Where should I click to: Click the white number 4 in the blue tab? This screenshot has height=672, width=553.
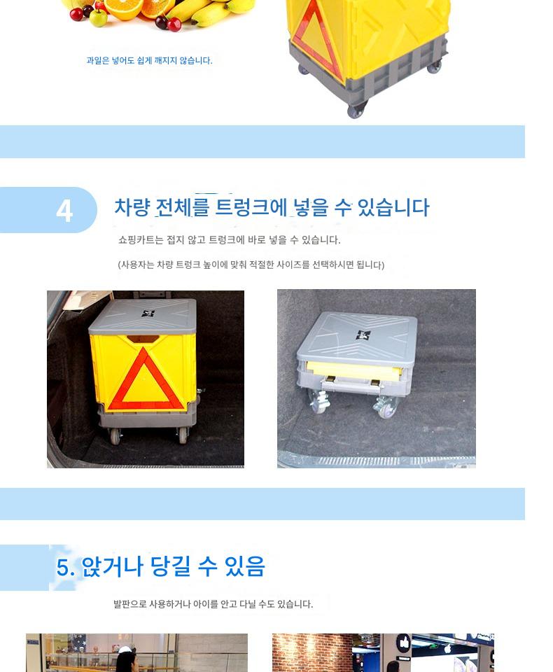click(64, 211)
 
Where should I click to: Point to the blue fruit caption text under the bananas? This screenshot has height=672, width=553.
click(149, 60)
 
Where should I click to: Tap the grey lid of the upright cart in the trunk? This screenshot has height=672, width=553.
click(143, 316)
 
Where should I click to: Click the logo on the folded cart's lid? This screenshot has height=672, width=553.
click(363, 335)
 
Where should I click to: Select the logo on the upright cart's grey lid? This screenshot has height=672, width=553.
click(148, 314)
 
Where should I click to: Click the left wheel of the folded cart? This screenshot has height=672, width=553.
click(319, 403)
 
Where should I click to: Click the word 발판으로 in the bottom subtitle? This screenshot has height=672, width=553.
click(129, 604)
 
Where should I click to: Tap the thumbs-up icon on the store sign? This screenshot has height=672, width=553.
click(403, 643)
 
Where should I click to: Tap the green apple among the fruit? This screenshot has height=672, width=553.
click(98, 18)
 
